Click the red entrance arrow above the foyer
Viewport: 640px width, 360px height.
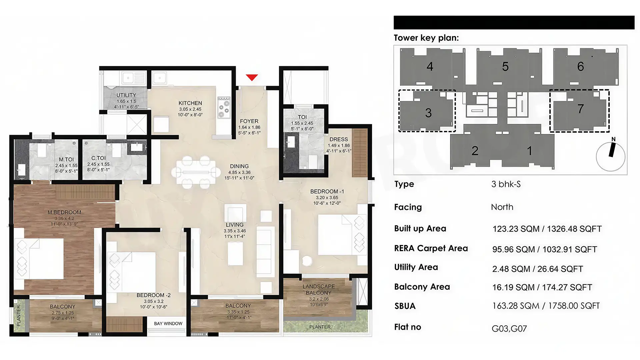click(252, 77)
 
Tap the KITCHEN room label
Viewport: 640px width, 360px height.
click(190, 103)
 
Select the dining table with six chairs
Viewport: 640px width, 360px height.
click(196, 172)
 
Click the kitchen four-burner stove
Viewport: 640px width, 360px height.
click(224, 107)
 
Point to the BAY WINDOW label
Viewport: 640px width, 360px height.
click(168, 324)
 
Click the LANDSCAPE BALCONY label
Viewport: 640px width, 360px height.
click(319, 290)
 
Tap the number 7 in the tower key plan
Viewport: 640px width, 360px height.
click(580, 109)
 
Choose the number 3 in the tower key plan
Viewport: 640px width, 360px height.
click(428, 113)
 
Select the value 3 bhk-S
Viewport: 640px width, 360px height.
click(506, 184)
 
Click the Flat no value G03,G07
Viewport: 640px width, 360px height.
click(509, 329)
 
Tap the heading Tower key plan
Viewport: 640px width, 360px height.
click(426, 38)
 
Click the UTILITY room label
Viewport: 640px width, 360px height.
click(126, 95)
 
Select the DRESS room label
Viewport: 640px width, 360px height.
click(339, 139)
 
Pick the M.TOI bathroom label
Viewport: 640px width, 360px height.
click(66, 160)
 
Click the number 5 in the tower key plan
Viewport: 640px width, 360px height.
click(505, 67)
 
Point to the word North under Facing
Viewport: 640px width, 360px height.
click(502, 207)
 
